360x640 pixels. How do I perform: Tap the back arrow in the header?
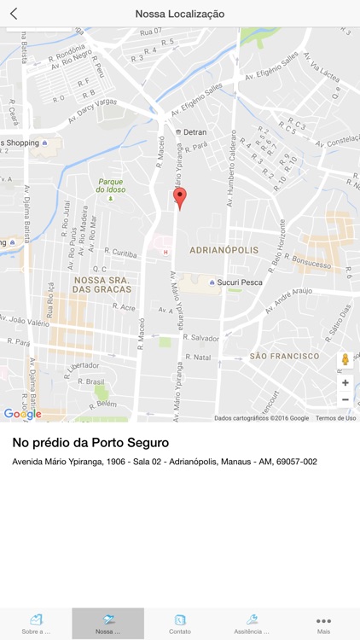pyautogui.click(x=14, y=14)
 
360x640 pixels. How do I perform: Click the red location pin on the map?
pyautogui.click(x=179, y=198)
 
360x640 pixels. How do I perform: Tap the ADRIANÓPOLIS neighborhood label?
pyautogui.click(x=224, y=251)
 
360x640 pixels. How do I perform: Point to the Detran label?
pyautogui.click(x=194, y=132)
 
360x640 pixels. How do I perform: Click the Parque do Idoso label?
pyautogui.click(x=111, y=185)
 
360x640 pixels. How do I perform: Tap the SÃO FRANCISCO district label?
pyautogui.click(x=284, y=356)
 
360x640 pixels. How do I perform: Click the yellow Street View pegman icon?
pyautogui.click(x=345, y=360)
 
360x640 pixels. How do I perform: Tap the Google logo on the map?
pyautogui.click(x=22, y=414)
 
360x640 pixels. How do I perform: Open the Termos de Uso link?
pyautogui.click(x=335, y=418)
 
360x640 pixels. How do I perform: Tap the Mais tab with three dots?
pyautogui.click(x=323, y=624)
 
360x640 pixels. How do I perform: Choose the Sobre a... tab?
pyautogui.click(x=36, y=624)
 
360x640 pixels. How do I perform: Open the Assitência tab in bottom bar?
pyautogui.click(x=252, y=624)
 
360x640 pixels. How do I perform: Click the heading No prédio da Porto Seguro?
pyautogui.click(x=90, y=443)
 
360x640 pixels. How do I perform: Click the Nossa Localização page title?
pyautogui.click(x=180, y=14)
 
